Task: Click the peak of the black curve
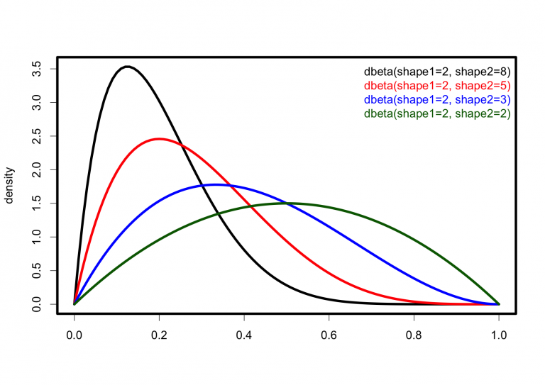[127, 67]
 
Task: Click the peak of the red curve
[159, 139]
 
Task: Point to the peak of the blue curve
[215, 184]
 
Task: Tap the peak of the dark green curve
[287, 203]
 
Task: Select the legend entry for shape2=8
[437, 72]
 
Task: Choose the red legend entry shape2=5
[437, 86]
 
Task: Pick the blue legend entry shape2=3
[437, 99]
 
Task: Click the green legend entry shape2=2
[437, 113]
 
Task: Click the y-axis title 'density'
[10, 186]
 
